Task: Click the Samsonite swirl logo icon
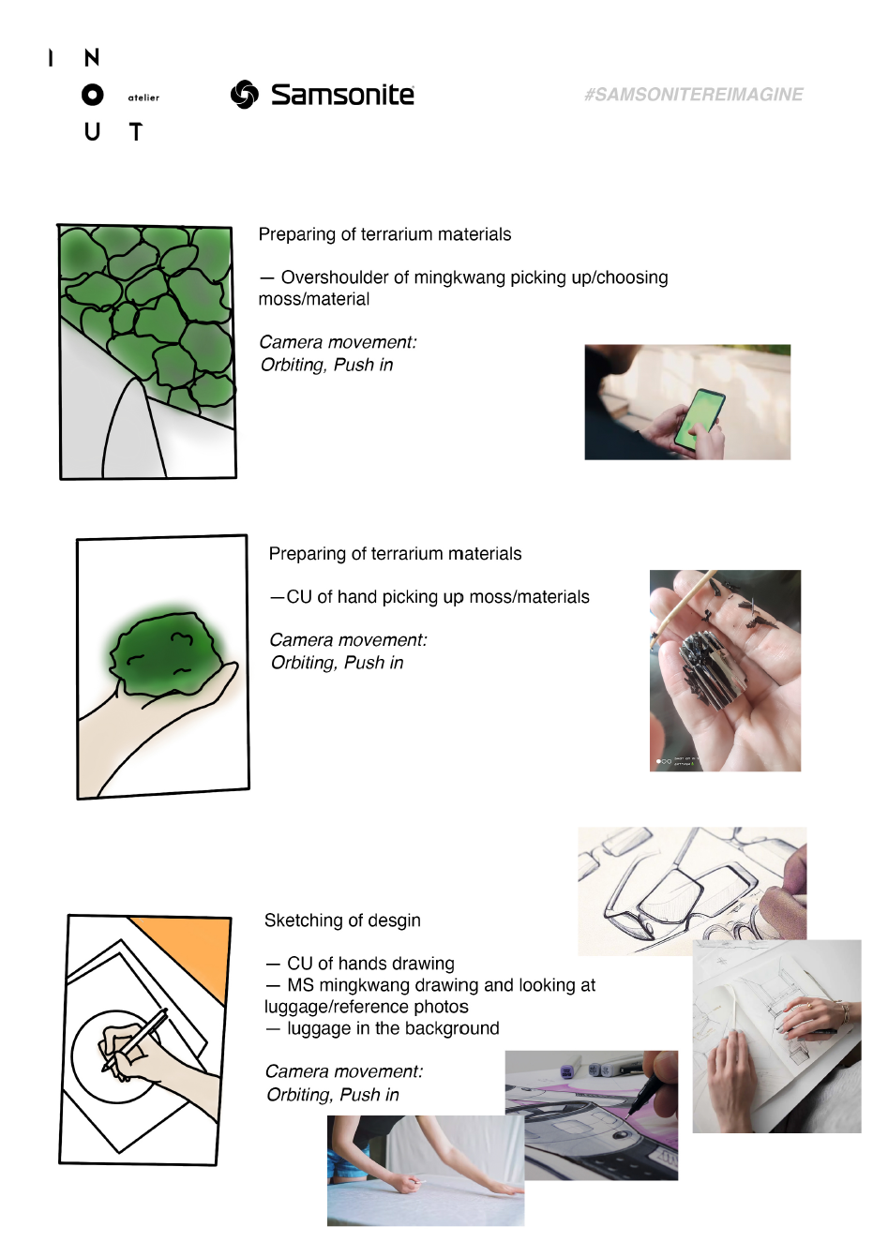(245, 95)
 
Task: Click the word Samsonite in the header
(342, 95)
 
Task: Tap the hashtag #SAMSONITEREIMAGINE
(694, 95)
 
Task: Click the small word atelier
(143, 97)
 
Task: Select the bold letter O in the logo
(93, 96)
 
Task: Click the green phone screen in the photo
(700, 418)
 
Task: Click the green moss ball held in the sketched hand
(164, 653)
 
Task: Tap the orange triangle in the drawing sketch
(191, 950)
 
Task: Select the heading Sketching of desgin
(342, 920)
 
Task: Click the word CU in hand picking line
(298, 596)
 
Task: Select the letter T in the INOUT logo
(135, 132)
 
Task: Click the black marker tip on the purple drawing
(631, 1113)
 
